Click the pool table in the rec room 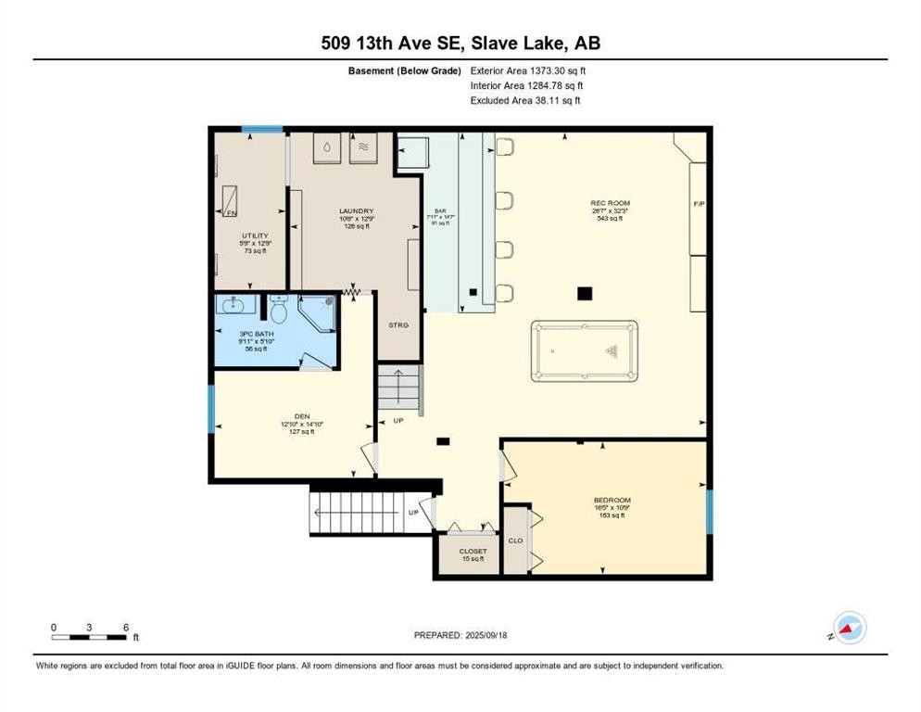[584, 351]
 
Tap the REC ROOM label [610, 203]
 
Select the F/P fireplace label [699, 203]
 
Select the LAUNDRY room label [355, 210]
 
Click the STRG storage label [398, 325]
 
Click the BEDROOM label [612, 501]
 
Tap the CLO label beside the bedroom [514, 540]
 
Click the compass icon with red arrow [849, 628]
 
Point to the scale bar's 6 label [125, 627]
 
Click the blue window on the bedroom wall [710, 513]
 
